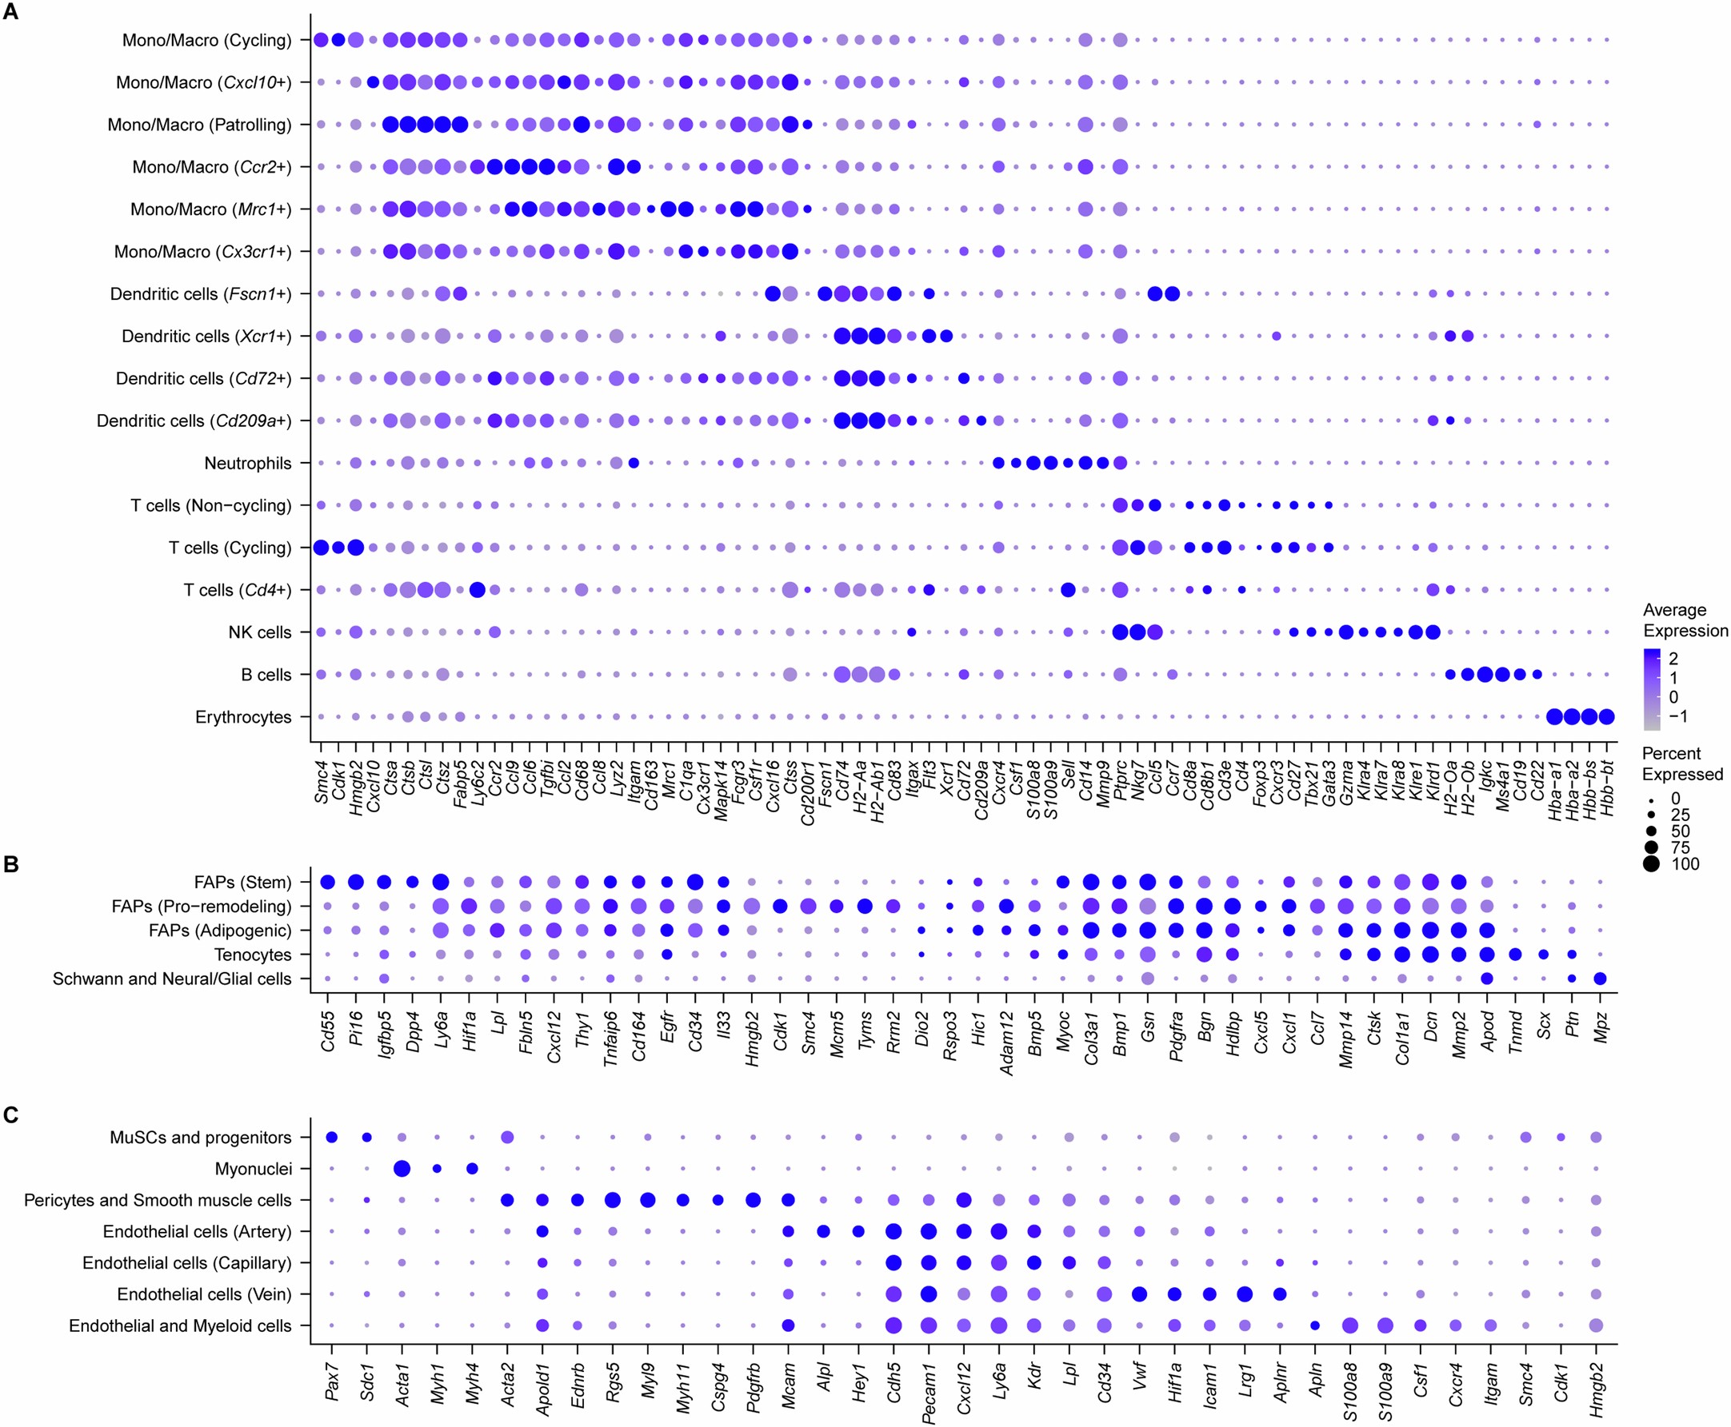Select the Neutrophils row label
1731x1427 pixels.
pos(247,464)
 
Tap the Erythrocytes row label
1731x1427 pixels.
pos(242,718)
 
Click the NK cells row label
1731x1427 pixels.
pos(259,633)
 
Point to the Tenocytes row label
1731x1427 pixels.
pos(253,955)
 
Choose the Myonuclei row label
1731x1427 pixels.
pos(253,1169)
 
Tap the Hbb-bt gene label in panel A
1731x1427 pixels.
pos(1607,788)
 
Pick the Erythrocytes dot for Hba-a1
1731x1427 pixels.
pos(1554,718)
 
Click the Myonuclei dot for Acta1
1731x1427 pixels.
pos(402,1169)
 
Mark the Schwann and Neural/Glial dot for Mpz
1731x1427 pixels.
pos(1601,979)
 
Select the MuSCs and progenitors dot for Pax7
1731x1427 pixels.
pos(331,1138)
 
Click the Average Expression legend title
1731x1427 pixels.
pos(1685,620)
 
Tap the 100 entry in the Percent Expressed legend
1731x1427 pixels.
pos(1685,864)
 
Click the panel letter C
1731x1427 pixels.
pos(10,1115)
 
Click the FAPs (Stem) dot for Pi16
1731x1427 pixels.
pos(356,883)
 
